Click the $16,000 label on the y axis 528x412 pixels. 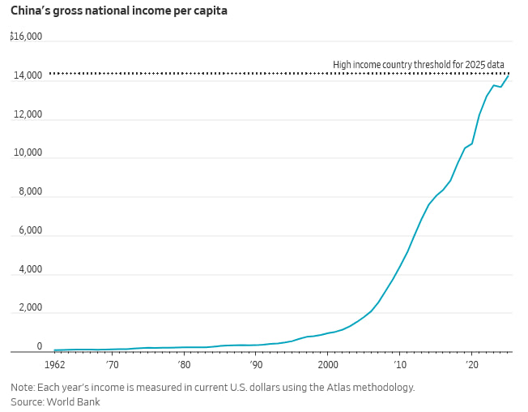(x=26, y=36)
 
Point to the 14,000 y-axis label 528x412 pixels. (x=28, y=75)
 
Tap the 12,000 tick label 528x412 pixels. (x=28, y=114)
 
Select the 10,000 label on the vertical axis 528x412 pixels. (x=28, y=152)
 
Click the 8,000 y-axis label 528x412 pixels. (x=31, y=191)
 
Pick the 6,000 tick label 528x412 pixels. (x=31, y=230)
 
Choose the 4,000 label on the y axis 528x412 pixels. (x=31, y=269)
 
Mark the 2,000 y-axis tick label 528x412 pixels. (x=31, y=307)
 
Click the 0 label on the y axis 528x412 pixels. (x=40, y=346)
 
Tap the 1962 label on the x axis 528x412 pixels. (x=54, y=364)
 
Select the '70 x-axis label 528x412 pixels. (x=112, y=364)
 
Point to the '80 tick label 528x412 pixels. (x=184, y=364)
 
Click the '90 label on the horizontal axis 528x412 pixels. (x=256, y=364)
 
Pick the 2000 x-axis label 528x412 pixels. (x=328, y=364)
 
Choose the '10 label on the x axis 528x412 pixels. (x=400, y=364)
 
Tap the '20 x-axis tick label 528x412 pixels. (x=472, y=364)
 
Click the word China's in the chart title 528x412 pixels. (x=30, y=11)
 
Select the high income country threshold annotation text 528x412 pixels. (x=419, y=64)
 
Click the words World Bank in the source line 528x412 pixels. (x=74, y=402)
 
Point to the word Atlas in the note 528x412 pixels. (x=338, y=387)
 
